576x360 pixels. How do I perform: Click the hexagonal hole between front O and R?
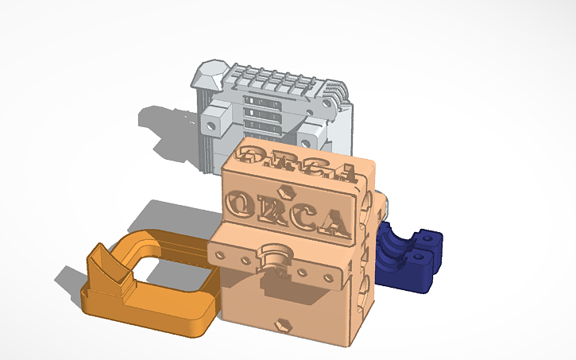click(284, 192)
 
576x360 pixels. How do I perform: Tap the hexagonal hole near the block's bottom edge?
click(281, 324)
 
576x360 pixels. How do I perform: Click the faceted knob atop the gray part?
click(208, 75)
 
